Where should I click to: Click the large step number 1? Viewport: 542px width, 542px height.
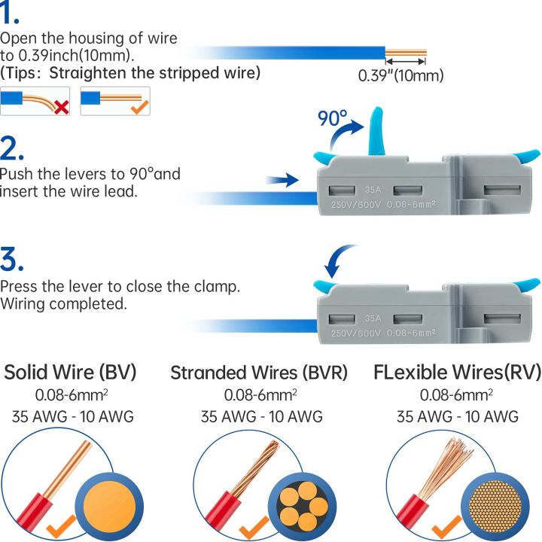[10, 15]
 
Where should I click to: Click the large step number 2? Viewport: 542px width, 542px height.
[13, 148]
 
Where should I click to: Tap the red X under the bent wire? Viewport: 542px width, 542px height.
[62, 107]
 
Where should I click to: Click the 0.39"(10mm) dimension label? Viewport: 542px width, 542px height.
[400, 75]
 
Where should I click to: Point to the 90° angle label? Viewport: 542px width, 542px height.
[332, 119]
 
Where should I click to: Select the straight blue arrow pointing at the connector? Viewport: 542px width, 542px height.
[282, 181]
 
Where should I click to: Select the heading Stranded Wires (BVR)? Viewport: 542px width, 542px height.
[260, 373]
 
